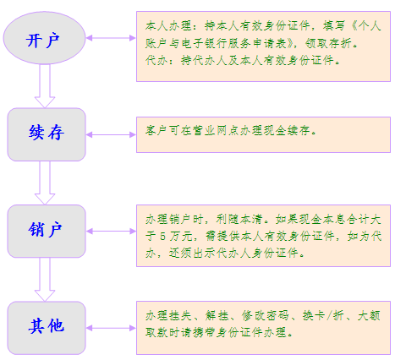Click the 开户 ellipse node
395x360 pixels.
[44, 38]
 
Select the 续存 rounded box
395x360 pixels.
[47, 134]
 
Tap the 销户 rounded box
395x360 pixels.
[47, 232]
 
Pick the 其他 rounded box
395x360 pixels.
[47, 328]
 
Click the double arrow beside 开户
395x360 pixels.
[111, 38]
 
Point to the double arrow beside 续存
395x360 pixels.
[111, 134]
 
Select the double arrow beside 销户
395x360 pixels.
[111, 232]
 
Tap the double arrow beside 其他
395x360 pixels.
[111, 328]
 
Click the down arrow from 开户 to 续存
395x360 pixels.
[45, 86]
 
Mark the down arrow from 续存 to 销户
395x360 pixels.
[45, 183]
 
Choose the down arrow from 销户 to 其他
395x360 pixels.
[45, 280]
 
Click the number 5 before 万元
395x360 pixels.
[162, 236]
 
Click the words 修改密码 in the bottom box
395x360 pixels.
[265, 315]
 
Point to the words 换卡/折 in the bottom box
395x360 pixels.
[323, 315]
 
